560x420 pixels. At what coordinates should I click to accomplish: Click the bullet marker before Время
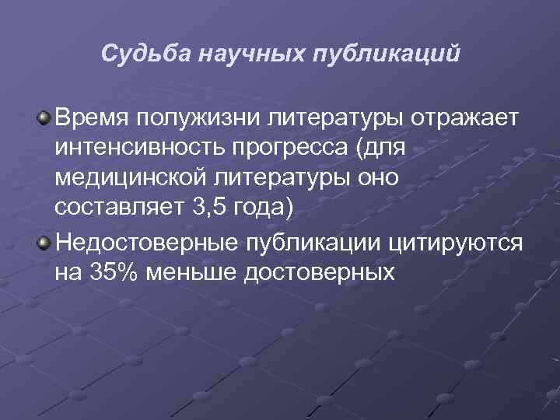pyautogui.click(x=44, y=118)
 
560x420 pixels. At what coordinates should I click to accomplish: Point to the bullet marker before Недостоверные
pyautogui.click(x=44, y=243)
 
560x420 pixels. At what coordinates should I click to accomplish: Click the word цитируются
pyautogui.click(x=450, y=244)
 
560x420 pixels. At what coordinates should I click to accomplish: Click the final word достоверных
pyautogui.click(x=331, y=274)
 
